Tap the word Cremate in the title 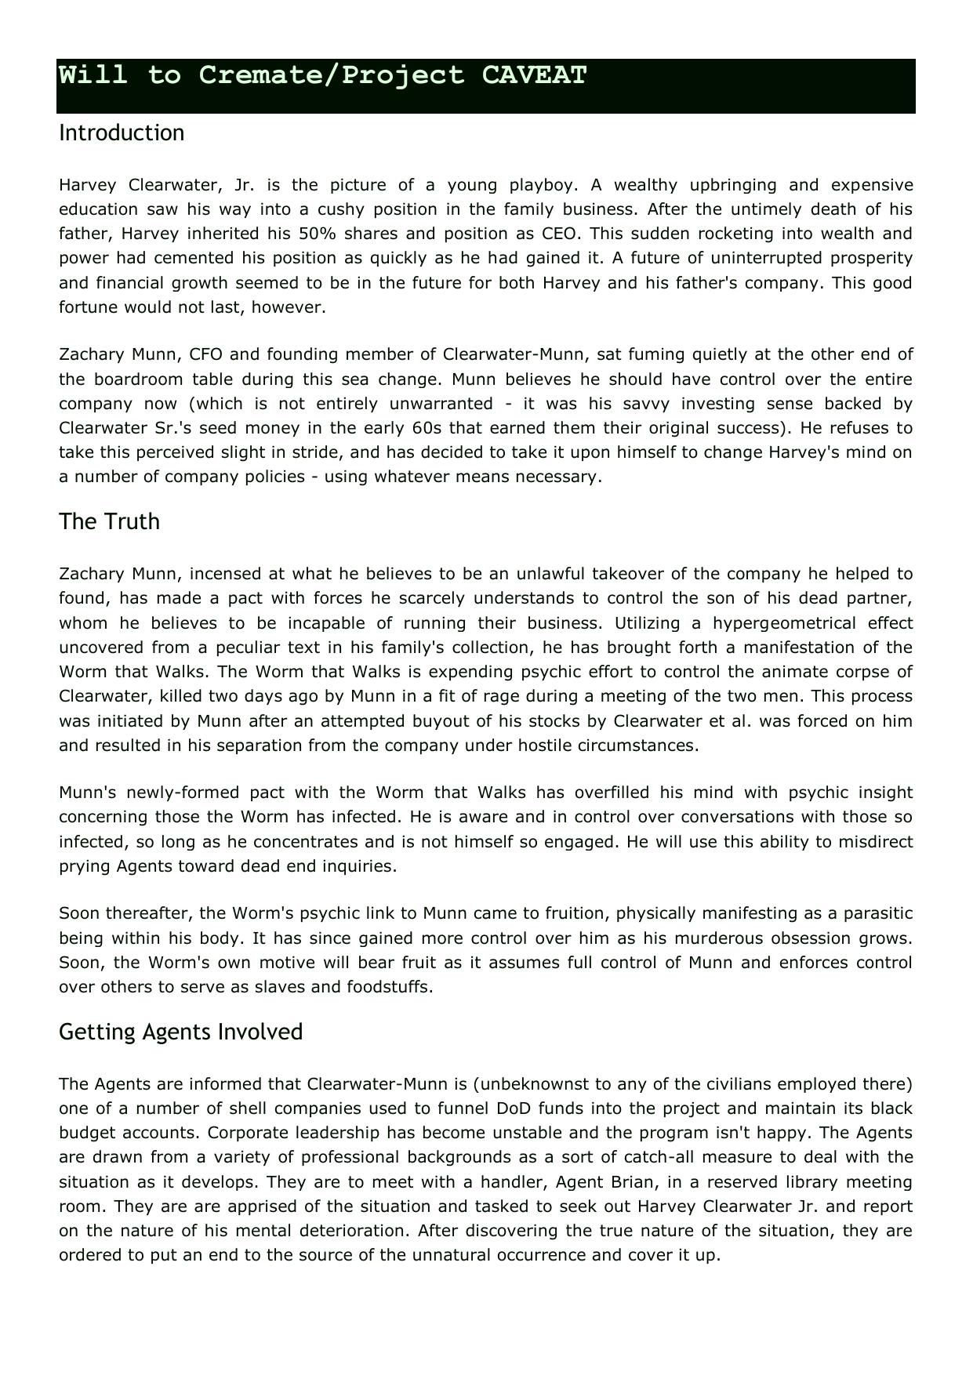[x=260, y=75]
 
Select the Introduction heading [x=122, y=132]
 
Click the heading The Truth [x=109, y=521]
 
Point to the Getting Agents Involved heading [x=180, y=1032]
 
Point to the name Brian [x=629, y=1182]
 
